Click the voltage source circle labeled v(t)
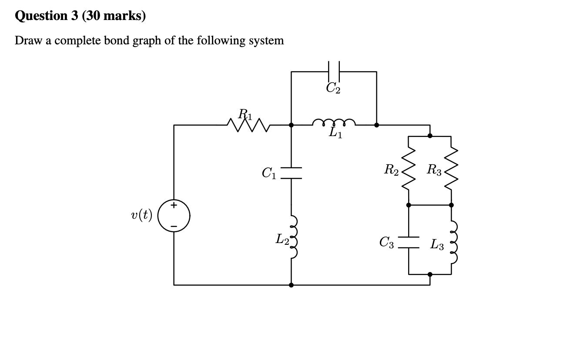174,216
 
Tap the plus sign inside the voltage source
174,205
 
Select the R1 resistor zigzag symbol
248,125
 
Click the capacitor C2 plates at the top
334,71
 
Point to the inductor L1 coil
334,123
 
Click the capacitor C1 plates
291,173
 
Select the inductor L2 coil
293,237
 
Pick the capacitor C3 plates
409,242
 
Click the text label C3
387,243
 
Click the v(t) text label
141,215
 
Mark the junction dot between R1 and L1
291,125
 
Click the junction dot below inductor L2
291,285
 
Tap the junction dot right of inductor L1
376,125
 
